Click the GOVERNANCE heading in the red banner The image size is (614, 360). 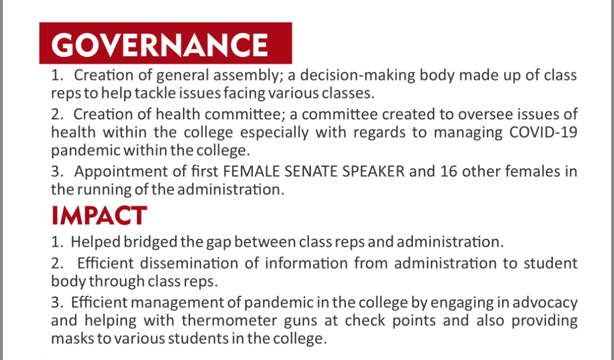tap(159, 45)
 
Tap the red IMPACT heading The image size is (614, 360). tap(99, 216)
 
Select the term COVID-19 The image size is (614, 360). tap(543, 132)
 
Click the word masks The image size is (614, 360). tap(72, 338)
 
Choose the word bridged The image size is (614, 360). tap(150, 242)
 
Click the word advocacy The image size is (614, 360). tap(545, 303)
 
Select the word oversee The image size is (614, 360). tap(486, 114)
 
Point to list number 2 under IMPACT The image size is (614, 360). tap(57, 263)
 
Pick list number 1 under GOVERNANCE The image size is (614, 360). tap(57, 75)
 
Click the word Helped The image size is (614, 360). tap(95, 242)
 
